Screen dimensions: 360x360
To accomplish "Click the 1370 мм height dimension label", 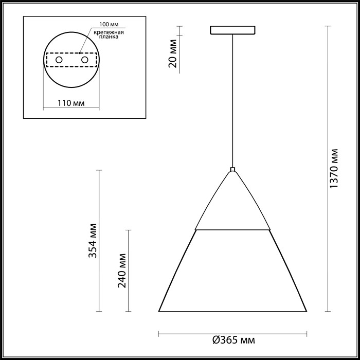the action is point(334,169).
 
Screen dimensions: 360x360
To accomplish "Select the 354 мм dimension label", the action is point(93,241).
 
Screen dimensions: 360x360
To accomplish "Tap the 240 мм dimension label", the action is point(122,271).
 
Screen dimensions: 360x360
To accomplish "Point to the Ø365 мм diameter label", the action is point(233,340).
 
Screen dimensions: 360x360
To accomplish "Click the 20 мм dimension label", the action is point(173,53).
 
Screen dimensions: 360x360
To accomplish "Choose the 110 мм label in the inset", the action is point(71,103).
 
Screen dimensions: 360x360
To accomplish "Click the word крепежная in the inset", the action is point(109,32).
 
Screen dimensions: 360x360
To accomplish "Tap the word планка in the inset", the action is point(109,37).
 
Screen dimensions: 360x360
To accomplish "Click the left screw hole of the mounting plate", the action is point(59,60).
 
